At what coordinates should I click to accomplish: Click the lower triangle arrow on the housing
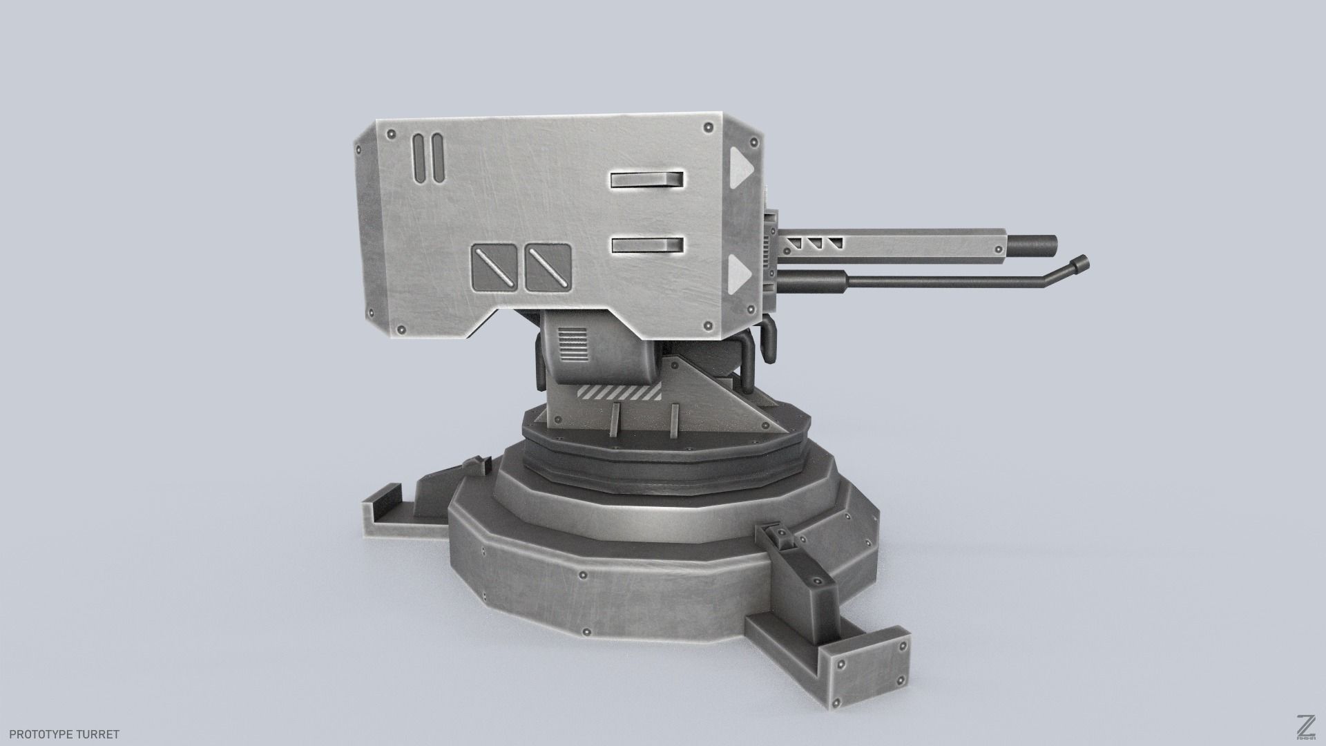[740, 270]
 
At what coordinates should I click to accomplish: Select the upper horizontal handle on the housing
[646, 180]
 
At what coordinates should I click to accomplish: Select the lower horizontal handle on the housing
[647, 245]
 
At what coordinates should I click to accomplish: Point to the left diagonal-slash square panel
[494, 267]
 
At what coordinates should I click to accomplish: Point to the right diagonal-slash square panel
[548, 267]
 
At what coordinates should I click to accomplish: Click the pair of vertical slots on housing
[427, 159]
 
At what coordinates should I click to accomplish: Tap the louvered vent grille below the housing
[572, 345]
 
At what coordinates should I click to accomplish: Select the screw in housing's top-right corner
[708, 128]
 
